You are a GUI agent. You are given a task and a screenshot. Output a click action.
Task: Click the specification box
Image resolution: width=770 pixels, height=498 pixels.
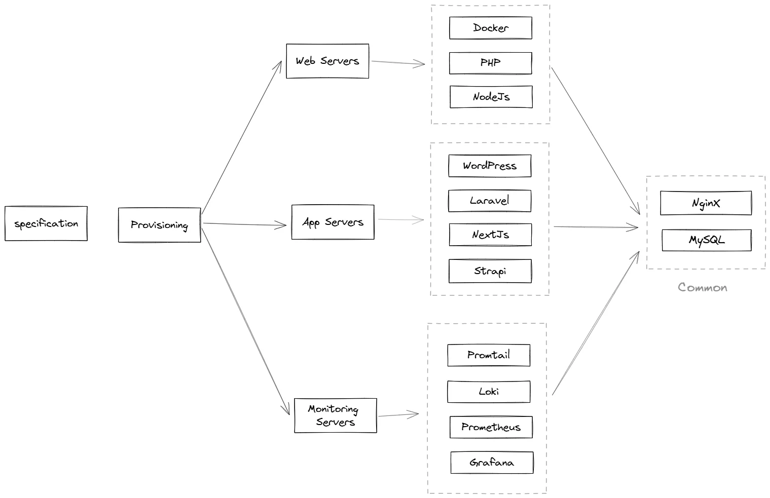(46, 223)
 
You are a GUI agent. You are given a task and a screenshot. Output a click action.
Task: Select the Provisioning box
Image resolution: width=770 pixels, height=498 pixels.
(159, 225)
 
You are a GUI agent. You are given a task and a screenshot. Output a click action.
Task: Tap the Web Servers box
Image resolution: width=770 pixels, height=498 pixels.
(327, 61)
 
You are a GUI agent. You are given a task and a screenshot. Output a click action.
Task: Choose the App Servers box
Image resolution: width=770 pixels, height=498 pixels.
(333, 222)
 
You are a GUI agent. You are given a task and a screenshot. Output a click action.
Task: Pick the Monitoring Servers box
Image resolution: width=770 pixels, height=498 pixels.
(335, 415)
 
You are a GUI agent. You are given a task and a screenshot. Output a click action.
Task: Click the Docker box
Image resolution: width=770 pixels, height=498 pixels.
(491, 28)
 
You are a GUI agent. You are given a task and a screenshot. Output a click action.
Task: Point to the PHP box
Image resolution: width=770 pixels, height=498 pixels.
(491, 63)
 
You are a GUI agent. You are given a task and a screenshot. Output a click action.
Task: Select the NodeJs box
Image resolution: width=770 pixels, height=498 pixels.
(491, 97)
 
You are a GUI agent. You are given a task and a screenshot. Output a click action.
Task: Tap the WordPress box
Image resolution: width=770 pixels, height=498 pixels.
(490, 166)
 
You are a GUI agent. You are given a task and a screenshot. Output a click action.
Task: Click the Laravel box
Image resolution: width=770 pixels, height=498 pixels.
(490, 201)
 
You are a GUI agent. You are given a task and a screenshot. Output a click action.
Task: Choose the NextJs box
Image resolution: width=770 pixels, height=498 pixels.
(490, 235)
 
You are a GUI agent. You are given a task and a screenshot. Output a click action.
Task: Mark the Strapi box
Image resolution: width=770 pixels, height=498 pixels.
(490, 271)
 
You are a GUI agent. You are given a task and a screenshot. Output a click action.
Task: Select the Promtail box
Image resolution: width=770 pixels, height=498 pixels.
(489, 355)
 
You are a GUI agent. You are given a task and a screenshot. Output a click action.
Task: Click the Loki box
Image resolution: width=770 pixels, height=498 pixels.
(489, 392)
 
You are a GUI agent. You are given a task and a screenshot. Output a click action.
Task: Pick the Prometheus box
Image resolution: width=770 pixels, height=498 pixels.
(491, 427)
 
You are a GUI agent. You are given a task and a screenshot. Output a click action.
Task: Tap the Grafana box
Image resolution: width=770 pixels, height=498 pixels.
(492, 463)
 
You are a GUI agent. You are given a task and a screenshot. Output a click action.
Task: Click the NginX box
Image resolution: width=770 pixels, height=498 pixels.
(706, 203)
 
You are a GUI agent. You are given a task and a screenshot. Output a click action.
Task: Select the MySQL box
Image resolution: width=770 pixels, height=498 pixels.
(707, 240)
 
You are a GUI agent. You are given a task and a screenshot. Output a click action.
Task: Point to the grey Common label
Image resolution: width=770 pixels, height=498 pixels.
(703, 288)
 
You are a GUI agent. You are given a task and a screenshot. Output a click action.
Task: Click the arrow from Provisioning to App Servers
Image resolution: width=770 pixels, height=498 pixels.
(244, 224)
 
